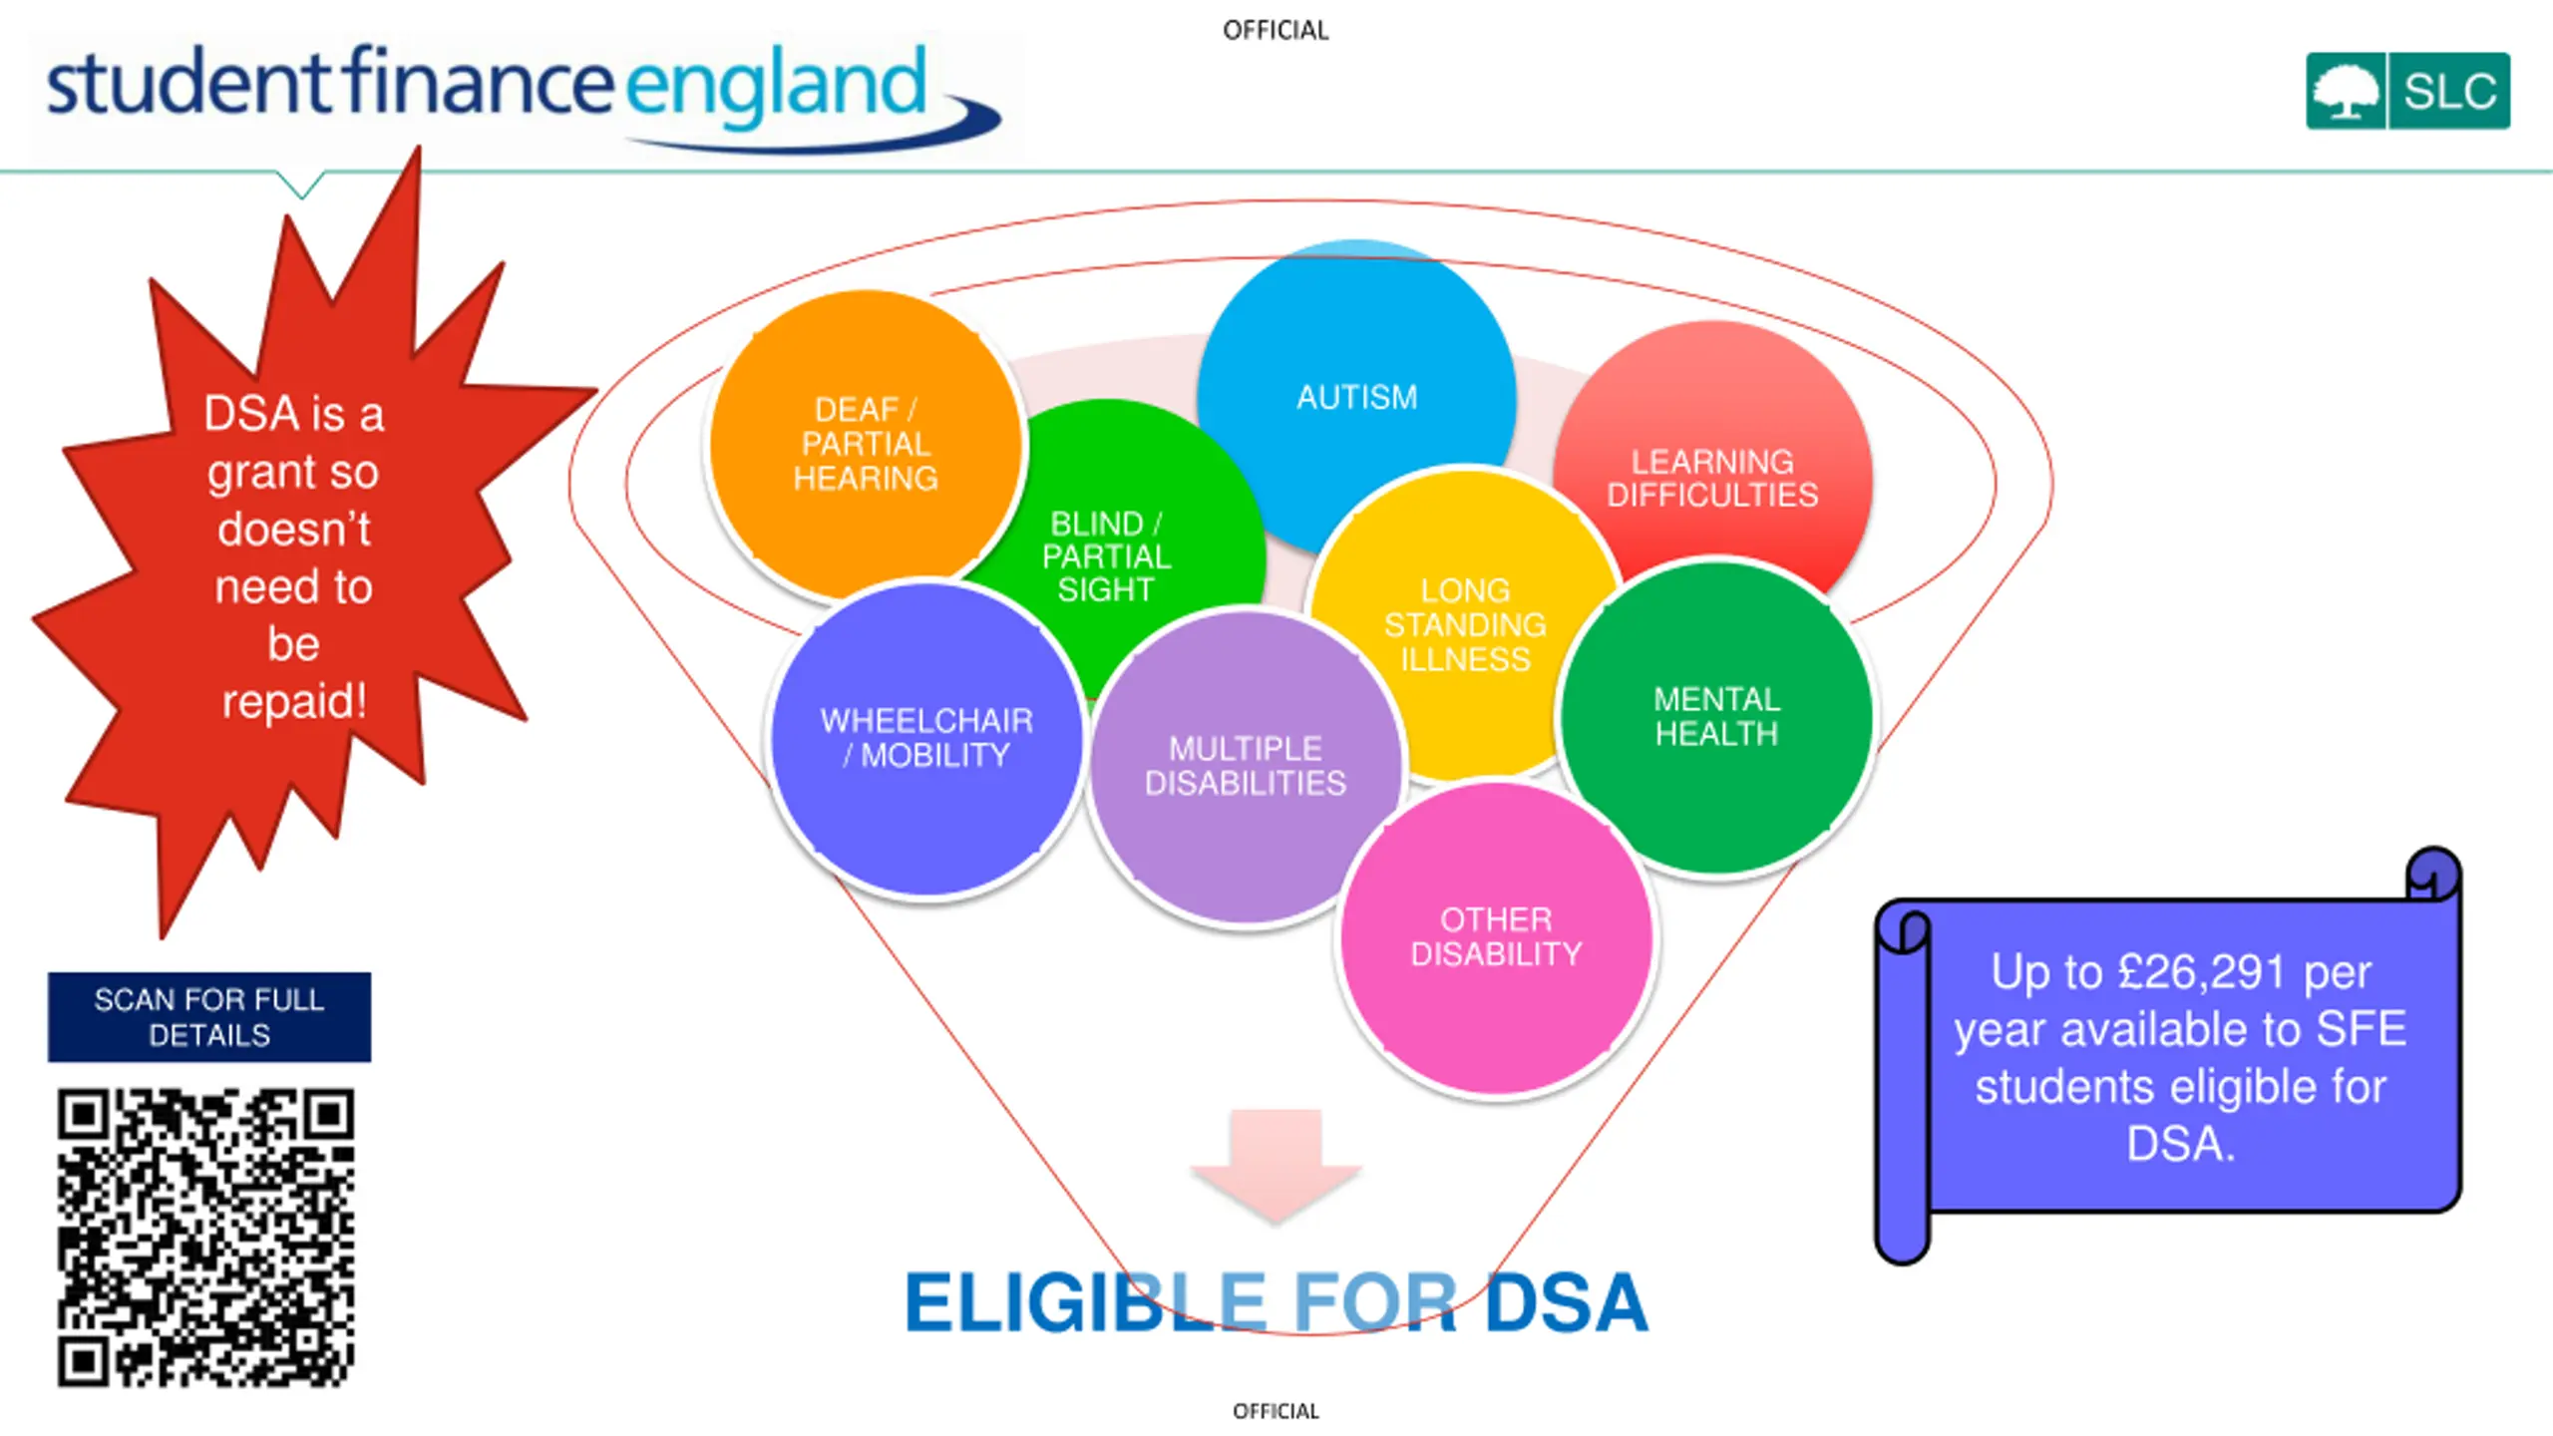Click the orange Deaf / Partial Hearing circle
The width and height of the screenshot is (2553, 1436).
[866, 444]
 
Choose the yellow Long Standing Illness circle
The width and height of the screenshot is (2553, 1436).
[1465, 624]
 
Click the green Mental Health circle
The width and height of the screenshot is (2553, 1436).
[1716, 716]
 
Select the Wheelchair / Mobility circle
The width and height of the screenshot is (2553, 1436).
[926, 738]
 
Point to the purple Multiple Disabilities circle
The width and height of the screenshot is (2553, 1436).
[1246, 766]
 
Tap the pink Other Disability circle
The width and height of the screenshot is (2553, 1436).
[1496, 936]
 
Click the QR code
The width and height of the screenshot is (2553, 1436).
[205, 1237]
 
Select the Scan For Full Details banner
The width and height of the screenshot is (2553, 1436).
[209, 1017]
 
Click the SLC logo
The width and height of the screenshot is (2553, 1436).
[2407, 91]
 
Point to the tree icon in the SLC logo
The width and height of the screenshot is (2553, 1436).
[2346, 92]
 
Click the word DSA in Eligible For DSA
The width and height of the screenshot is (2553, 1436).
[1566, 1302]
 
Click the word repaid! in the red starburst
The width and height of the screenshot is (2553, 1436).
[294, 701]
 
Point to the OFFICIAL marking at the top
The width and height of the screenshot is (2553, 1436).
[1276, 31]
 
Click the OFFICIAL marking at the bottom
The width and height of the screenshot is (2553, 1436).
[1276, 1411]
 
